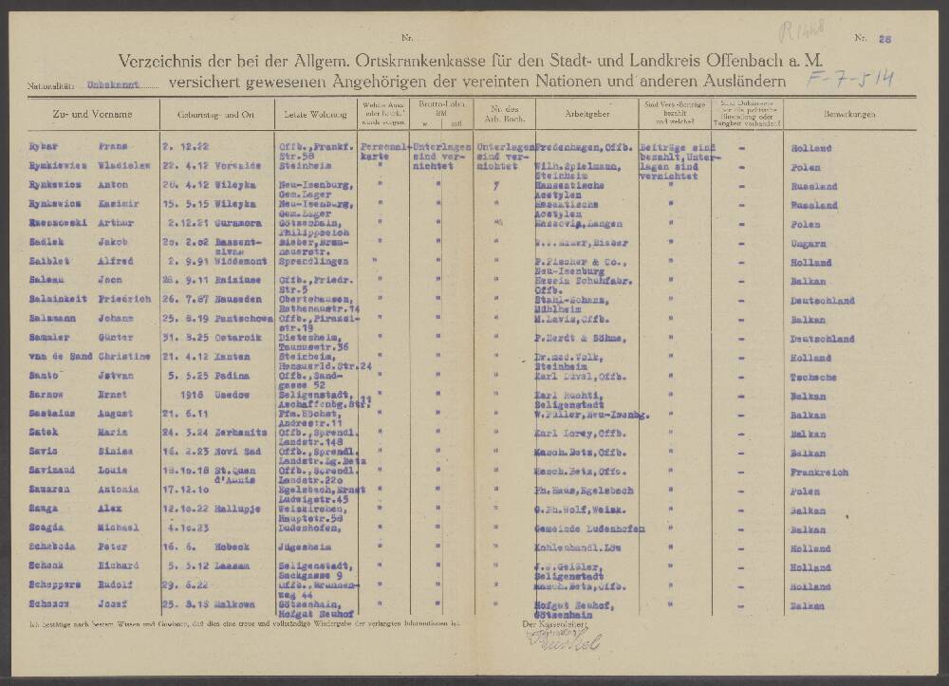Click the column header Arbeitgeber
[587, 114]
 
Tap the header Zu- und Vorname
[80, 114]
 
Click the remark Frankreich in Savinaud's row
[813, 471]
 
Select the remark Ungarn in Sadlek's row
[808, 243]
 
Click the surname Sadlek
[47, 243]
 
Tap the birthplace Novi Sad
[232, 452]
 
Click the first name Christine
[121, 357]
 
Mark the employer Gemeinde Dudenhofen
[590, 528]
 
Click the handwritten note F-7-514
[849, 77]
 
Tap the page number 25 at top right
[885, 38]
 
